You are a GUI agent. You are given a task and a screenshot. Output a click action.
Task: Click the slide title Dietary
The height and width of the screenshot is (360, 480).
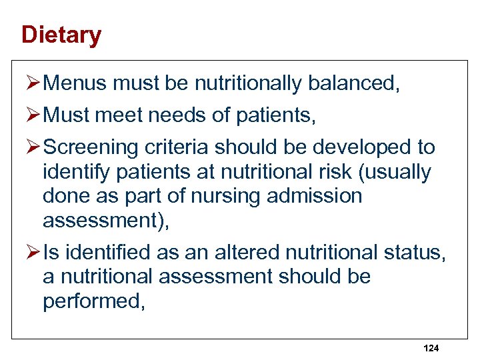61,35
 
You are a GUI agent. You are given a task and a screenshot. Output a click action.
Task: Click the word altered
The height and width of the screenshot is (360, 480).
246,253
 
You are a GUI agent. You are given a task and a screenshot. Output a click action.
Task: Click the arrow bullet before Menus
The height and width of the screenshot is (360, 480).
34,83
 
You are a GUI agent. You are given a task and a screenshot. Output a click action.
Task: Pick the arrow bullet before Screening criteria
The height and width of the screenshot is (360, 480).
34,147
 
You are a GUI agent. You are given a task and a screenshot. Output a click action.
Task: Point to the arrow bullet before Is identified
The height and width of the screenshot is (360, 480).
34,253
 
